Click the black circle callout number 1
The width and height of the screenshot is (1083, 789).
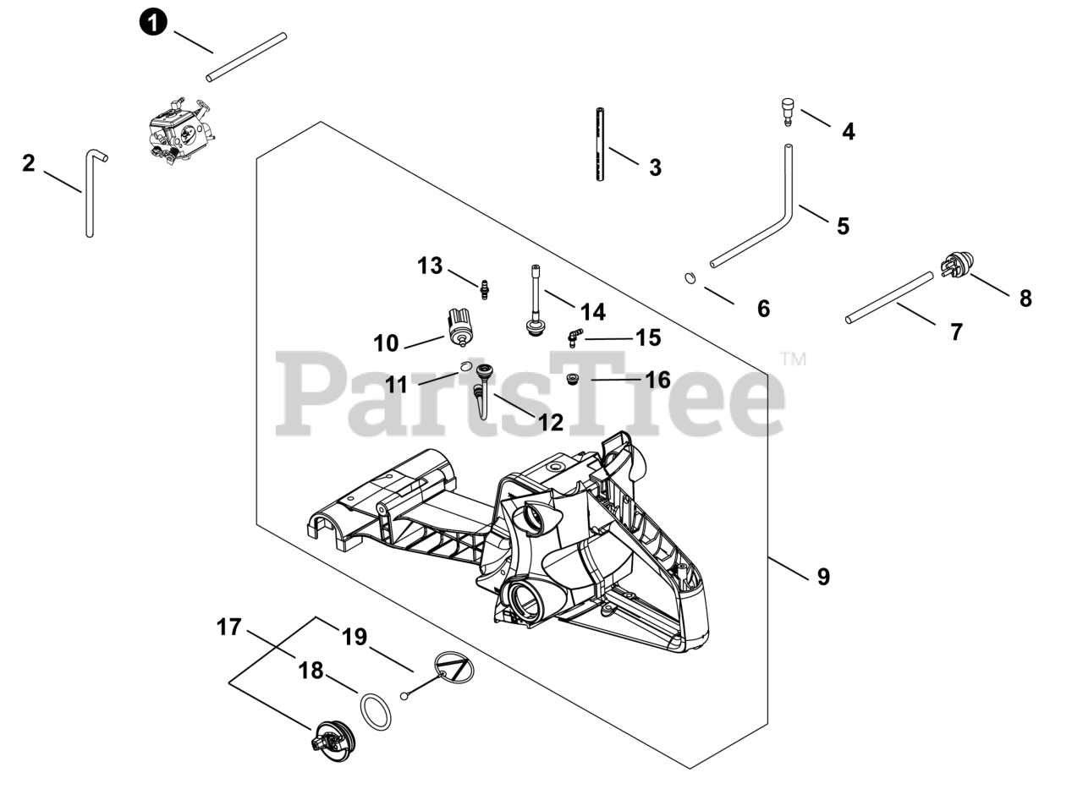pos(152,22)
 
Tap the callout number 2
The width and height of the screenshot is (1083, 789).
pos(29,163)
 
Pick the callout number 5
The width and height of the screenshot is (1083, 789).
pos(843,226)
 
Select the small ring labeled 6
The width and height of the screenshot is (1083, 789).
pos(690,277)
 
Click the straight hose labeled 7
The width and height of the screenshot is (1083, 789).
pos(889,297)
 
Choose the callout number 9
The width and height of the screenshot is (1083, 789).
pos(823,577)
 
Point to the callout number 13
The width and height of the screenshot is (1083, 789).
pos(430,266)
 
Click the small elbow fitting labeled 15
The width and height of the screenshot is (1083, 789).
pos(574,337)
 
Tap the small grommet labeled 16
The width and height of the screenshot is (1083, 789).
pos(572,379)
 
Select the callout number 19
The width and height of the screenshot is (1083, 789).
pos(354,637)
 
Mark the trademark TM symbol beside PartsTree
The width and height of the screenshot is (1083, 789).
pos(793,359)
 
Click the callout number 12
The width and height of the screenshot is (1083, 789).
pos(551,422)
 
